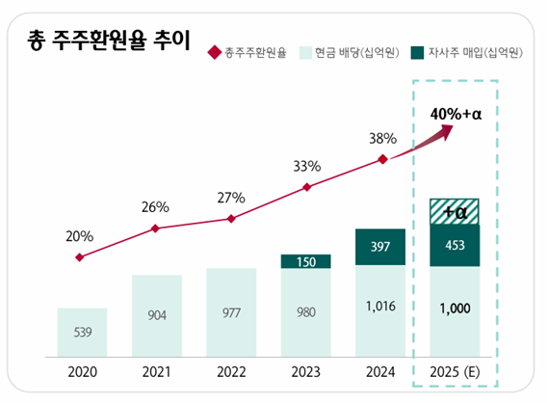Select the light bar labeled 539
click(82, 333)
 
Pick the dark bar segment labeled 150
click(306, 261)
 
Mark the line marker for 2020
click(81, 257)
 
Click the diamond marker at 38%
click(382, 159)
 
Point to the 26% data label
click(155, 206)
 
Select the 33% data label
click(306, 165)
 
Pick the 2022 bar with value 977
click(231, 313)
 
